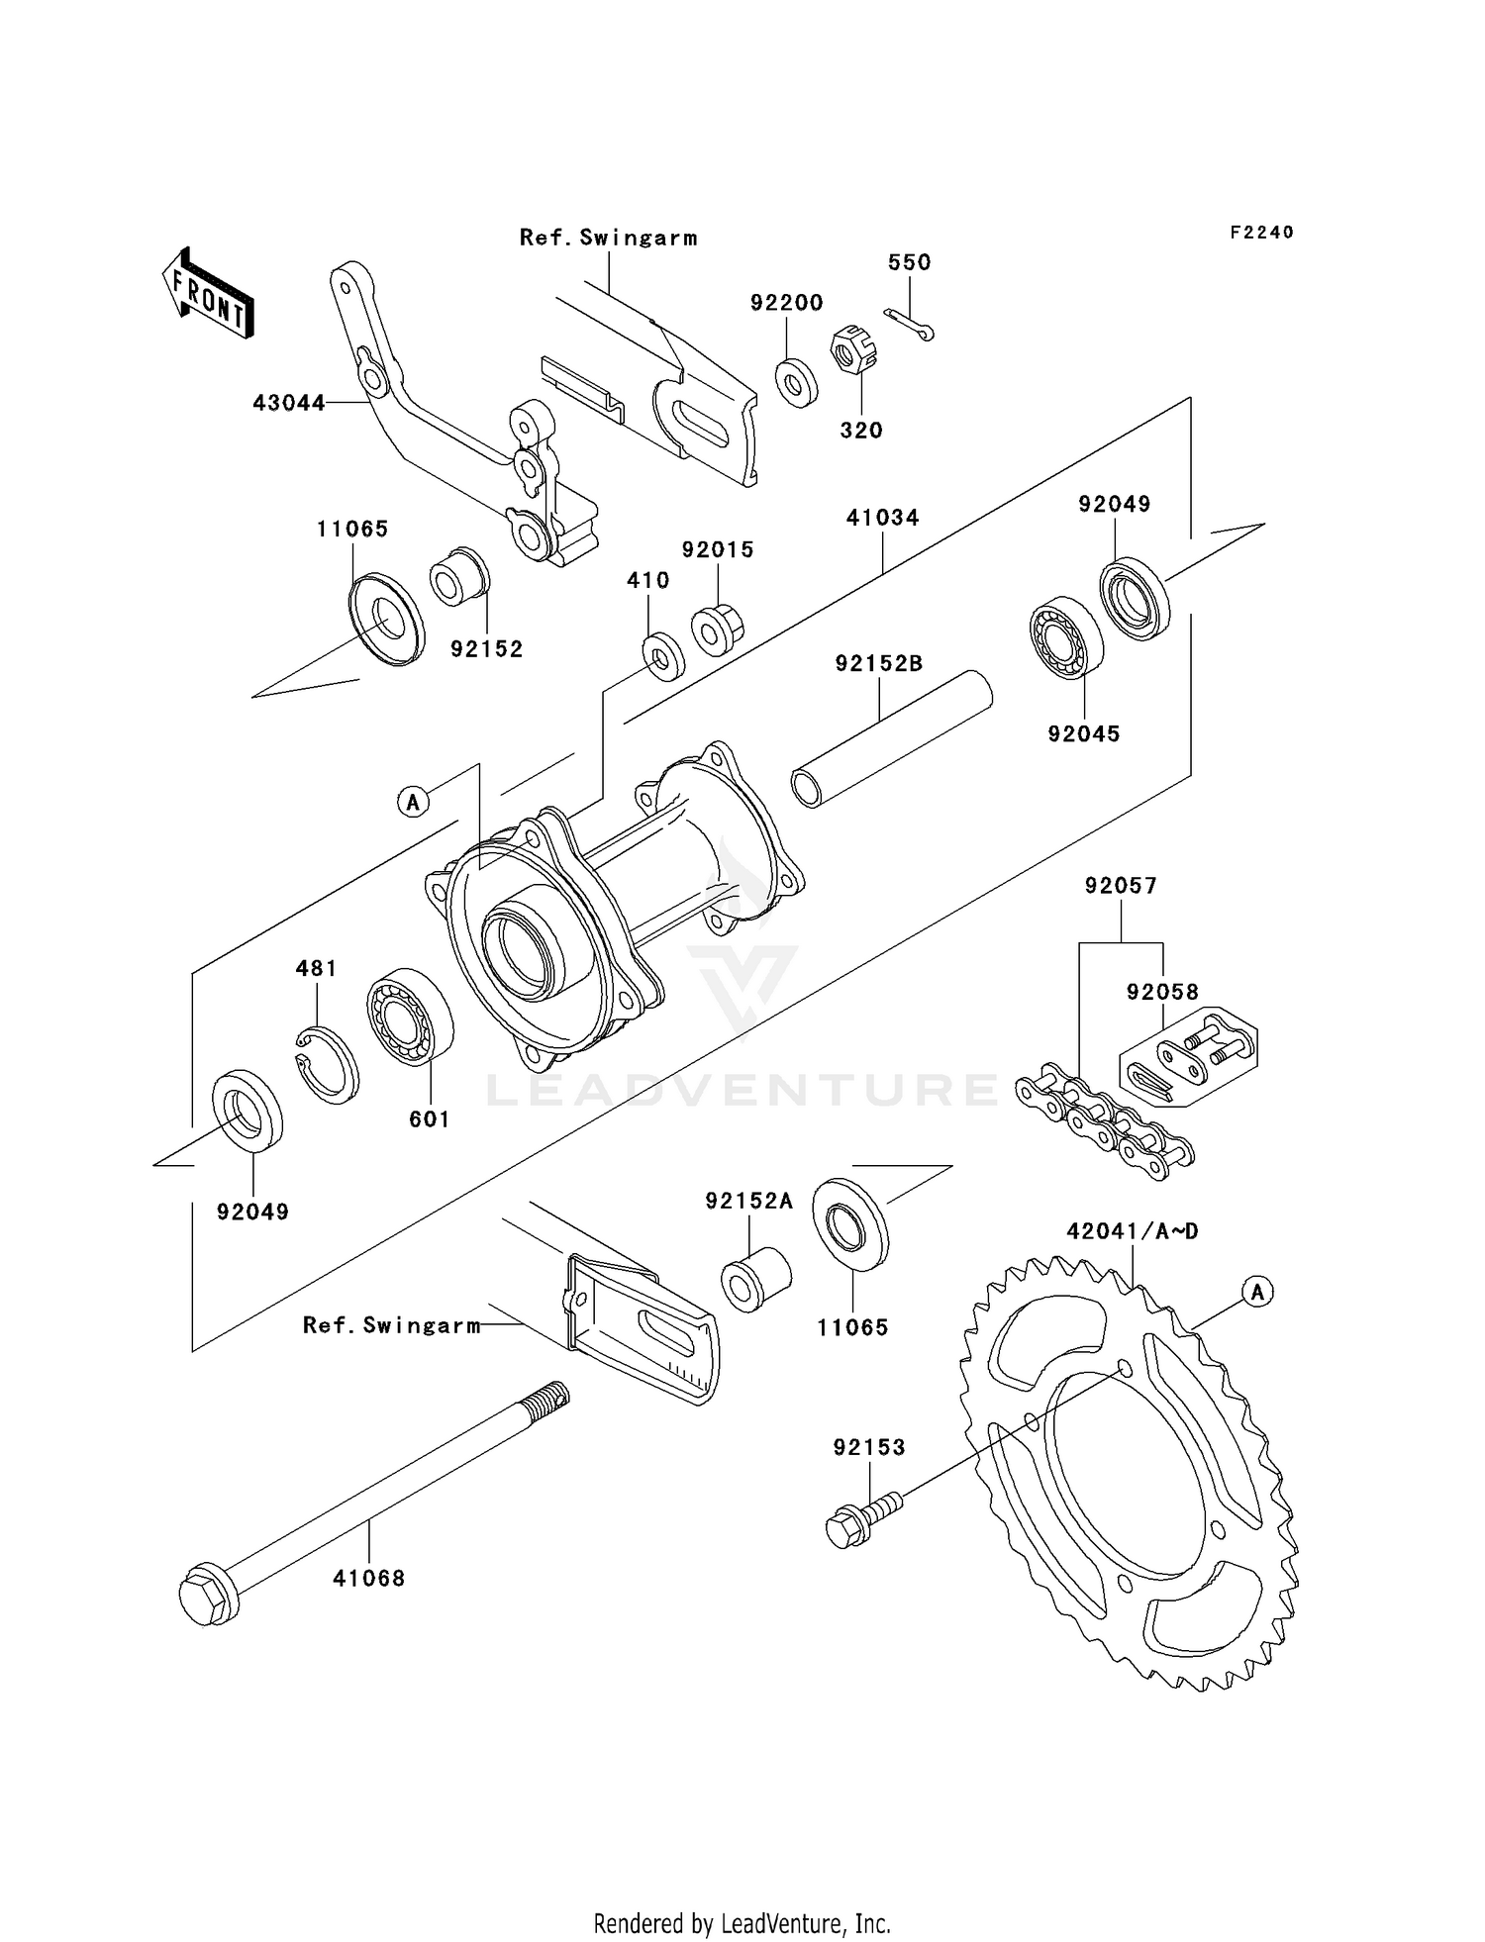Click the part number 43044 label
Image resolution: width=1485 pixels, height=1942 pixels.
(288, 403)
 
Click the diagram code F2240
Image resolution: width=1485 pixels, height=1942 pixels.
(1261, 232)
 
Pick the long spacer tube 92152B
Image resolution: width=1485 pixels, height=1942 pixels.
(891, 738)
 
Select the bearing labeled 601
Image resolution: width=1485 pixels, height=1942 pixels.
(410, 1018)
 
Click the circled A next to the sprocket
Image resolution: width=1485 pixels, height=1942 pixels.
(1257, 1292)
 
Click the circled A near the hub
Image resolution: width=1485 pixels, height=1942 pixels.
(414, 801)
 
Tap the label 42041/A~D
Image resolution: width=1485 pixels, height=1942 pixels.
(1132, 1231)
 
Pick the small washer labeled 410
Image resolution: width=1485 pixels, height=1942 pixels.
(662, 654)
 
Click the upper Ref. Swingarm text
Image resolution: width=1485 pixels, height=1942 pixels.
(608, 238)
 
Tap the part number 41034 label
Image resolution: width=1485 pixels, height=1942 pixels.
(882, 518)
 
